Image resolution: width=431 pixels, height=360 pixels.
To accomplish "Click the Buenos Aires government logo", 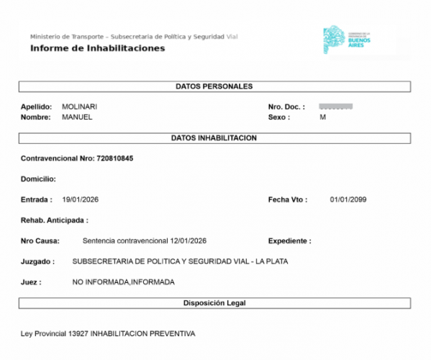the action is click(348, 40).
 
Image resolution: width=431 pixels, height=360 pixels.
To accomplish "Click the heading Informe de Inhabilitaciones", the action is click(97, 48).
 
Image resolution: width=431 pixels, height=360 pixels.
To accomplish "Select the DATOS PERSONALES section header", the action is click(214, 86).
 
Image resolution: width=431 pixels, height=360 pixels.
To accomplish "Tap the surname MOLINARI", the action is click(79, 107).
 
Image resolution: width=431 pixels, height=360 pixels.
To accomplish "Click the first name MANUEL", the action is click(77, 117).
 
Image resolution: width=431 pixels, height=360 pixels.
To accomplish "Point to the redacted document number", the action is click(336, 107).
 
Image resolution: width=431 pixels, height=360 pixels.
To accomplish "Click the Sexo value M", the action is click(323, 117).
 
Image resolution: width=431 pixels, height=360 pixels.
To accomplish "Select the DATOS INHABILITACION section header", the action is click(214, 138).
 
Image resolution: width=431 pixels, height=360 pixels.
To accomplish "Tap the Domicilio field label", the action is click(38, 179).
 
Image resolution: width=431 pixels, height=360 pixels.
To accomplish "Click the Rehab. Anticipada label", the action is click(54, 220).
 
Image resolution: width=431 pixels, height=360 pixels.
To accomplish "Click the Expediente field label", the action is click(289, 241).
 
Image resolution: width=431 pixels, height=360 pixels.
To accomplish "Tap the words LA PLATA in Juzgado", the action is click(272, 261).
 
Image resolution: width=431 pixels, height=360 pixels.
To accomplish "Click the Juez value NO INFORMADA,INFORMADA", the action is click(123, 282).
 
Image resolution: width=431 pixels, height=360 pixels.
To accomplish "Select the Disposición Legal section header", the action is click(214, 303).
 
